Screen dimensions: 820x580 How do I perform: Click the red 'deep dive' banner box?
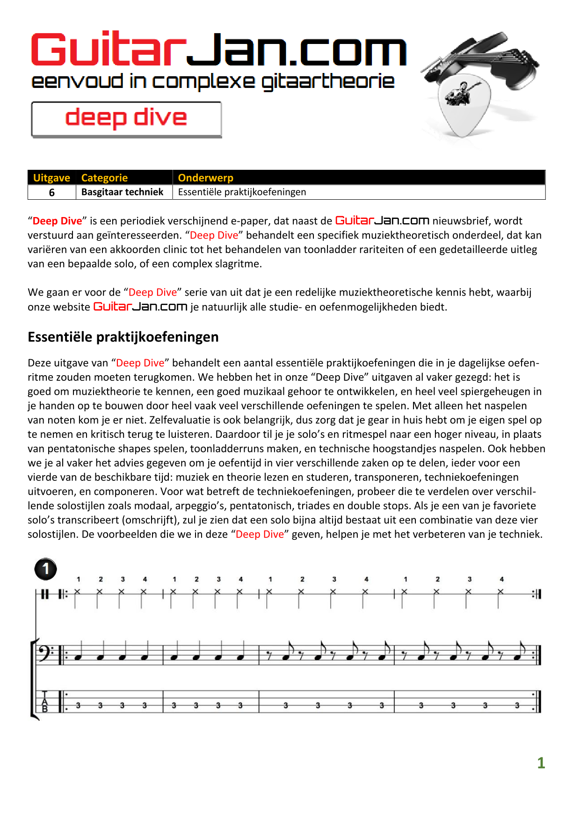click(x=126, y=119)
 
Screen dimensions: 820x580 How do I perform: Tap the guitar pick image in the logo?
click(x=463, y=105)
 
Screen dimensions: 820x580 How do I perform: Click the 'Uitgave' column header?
click(x=51, y=178)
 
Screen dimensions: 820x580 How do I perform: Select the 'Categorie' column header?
click(x=104, y=178)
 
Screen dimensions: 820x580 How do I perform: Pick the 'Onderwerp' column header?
click(x=205, y=178)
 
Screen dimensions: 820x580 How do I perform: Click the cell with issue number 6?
click(x=52, y=192)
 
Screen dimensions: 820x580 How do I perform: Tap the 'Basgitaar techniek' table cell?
click(x=122, y=192)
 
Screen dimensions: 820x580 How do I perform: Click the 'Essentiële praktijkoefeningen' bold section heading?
click(x=123, y=337)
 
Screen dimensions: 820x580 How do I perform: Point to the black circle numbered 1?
click(x=46, y=569)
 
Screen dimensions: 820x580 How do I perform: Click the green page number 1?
click(x=541, y=763)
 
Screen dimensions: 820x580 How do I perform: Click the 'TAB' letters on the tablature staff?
click(x=45, y=702)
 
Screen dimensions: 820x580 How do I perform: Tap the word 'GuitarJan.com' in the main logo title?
click(x=218, y=50)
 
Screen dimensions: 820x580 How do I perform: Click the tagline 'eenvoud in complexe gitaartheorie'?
click(x=213, y=81)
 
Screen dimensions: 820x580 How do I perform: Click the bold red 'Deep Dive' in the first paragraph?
click(x=57, y=221)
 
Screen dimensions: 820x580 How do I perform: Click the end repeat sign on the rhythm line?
click(x=536, y=594)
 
